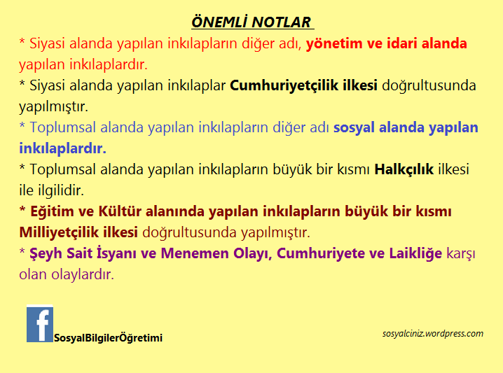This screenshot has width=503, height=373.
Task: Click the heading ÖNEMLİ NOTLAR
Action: coord(251,22)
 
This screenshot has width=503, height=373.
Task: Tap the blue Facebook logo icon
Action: coord(40,324)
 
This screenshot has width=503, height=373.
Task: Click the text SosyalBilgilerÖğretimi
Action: coord(108,338)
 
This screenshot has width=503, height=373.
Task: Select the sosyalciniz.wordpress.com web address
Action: coord(433,333)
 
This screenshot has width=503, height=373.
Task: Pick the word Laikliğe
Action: coord(415,253)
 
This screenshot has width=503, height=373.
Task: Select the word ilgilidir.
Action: coord(62,190)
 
